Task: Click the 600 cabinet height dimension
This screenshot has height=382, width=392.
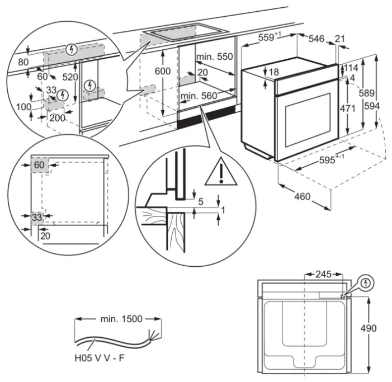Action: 162,72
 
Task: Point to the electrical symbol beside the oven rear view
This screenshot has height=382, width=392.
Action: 365,283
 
